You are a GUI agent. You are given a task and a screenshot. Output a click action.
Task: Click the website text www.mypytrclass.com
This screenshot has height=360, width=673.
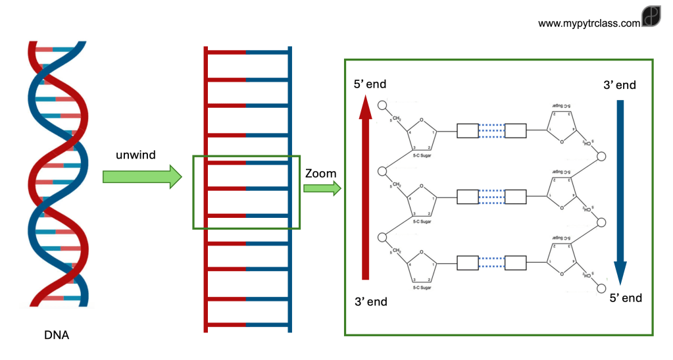tap(589, 23)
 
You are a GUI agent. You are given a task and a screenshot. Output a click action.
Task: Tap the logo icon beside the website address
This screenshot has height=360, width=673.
tap(651, 18)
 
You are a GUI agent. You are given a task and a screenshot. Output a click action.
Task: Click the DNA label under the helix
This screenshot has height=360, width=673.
tap(56, 335)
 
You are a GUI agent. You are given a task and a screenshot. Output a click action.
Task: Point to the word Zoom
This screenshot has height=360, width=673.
tap(321, 174)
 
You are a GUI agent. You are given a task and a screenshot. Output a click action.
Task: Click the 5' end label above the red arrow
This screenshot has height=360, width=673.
tap(370, 84)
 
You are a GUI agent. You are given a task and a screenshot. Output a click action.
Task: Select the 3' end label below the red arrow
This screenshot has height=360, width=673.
tap(371, 302)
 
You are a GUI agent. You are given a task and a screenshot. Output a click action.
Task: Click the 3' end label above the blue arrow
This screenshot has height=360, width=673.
tap(620, 85)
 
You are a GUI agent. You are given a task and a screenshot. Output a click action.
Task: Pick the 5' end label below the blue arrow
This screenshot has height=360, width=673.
tap(625, 298)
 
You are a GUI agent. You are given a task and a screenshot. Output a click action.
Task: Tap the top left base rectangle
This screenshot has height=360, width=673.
tap(467, 131)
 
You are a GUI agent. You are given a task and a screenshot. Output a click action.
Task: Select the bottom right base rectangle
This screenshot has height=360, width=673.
tap(515, 263)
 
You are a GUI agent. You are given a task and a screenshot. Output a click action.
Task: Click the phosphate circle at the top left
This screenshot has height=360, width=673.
tap(382, 105)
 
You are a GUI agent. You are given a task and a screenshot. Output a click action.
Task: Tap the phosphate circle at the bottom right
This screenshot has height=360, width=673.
tap(600, 288)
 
